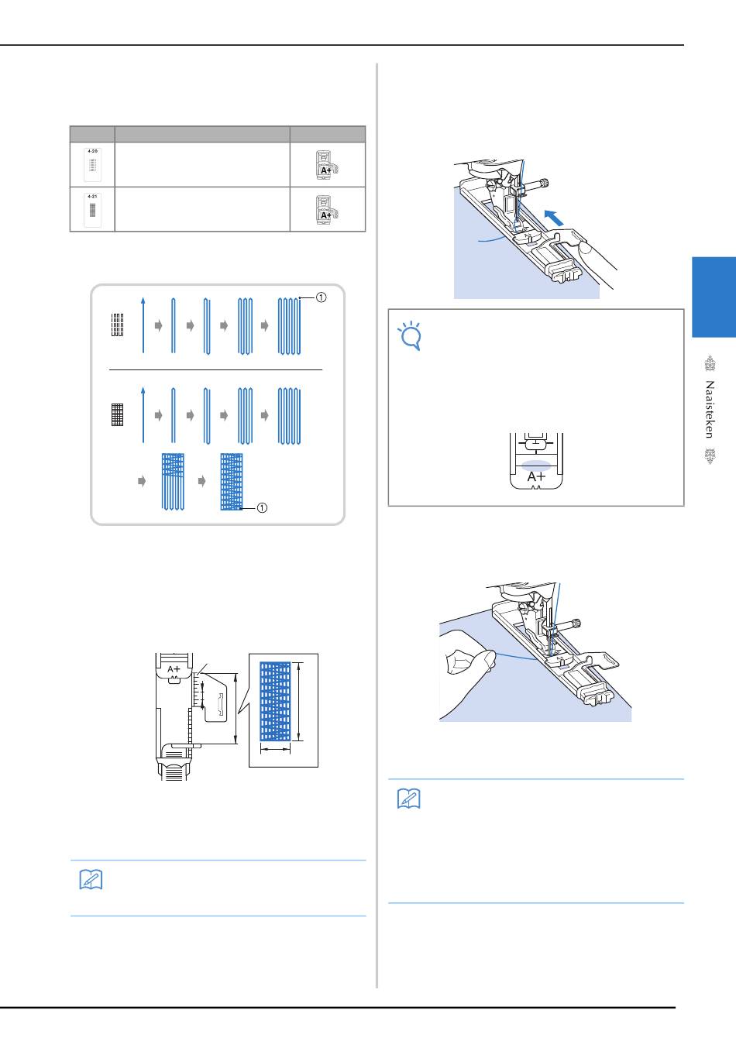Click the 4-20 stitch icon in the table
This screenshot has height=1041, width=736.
click(93, 164)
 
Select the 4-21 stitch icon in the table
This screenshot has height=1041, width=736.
click(93, 210)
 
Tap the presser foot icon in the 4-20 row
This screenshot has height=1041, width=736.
click(327, 165)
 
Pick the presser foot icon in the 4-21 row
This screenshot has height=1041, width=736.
click(327, 210)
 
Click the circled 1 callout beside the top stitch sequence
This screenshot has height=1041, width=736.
click(321, 297)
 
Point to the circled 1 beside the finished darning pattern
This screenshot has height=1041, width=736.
click(262, 508)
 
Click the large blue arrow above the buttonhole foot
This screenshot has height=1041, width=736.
click(554, 218)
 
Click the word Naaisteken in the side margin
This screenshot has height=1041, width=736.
click(710, 410)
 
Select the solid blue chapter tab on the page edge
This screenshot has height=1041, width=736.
click(714, 297)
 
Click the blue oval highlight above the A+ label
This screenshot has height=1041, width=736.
click(536, 466)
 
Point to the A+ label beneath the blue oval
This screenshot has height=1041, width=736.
click(536, 477)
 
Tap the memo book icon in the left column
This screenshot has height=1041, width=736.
click(91, 879)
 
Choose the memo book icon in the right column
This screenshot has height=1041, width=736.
click(409, 799)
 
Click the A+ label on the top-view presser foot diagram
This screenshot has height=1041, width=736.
click(174, 669)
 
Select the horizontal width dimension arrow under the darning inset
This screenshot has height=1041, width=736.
click(275, 748)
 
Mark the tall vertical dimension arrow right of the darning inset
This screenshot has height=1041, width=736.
click(299, 701)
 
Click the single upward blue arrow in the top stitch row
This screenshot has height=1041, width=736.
click(143, 325)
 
